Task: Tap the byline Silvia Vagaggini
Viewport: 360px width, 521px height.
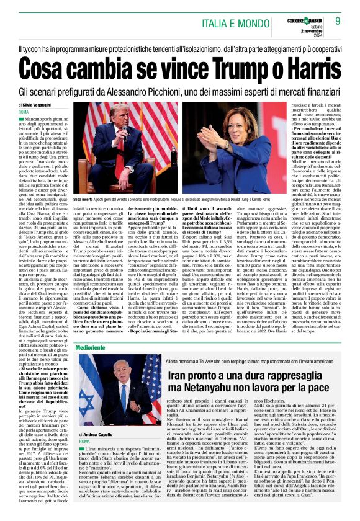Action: [x=40, y=106]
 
